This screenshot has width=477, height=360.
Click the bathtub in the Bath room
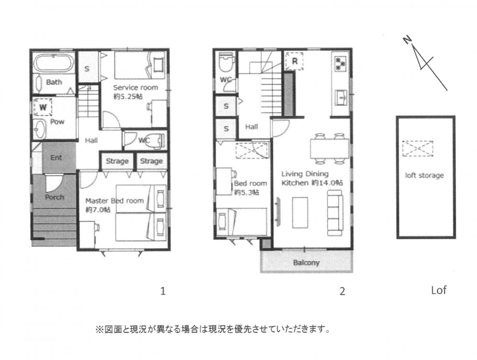click(53, 63)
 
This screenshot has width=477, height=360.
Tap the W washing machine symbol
click(43, 107)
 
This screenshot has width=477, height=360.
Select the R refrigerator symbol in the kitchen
click(294, 61)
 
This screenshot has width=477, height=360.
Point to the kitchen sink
click(341, 97)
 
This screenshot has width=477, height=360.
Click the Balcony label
click(306, 263)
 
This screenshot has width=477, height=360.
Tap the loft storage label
click(424, 175)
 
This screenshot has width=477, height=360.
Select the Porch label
click(55, 197)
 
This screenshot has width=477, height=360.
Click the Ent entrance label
click(56, 157)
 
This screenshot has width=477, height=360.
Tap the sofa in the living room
click(335, 213)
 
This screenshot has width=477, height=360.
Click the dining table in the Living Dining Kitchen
click(330, 149)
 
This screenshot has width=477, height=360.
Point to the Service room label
click(136, 88)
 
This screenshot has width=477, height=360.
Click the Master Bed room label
click(114, 201)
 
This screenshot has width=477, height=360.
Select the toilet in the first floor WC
click(155, 140)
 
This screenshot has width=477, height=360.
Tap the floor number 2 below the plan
click(342, 292)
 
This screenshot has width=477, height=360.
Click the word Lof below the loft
click(439, 290)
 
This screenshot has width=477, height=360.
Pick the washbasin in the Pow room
click(39, 129)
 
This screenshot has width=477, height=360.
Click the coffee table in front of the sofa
click(300, 213)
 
